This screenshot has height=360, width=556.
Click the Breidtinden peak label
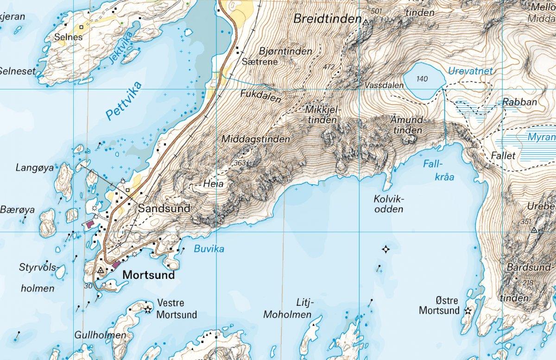[327, 19]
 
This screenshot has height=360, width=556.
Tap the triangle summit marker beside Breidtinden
[366, 22]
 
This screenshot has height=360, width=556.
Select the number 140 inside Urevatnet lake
[422, 79]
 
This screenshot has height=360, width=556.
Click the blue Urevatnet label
[470, 71]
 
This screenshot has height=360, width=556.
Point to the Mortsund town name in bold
[149, 275]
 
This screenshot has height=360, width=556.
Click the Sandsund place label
[164, 208]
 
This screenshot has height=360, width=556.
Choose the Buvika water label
[208, 249]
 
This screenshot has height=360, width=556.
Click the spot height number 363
[240, 163]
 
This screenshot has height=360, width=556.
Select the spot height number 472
[329, 67]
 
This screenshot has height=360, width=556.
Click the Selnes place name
[68, 37]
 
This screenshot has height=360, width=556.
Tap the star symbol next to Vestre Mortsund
[148, 309]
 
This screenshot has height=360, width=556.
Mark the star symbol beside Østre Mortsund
[468, 311]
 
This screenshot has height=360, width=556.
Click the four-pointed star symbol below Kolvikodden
[385, 250]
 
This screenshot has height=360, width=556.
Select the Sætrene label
[260, 61]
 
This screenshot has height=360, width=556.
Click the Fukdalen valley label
[260, 93]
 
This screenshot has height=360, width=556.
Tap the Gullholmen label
[100, 335]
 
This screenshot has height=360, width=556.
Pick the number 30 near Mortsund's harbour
[89, 286]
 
